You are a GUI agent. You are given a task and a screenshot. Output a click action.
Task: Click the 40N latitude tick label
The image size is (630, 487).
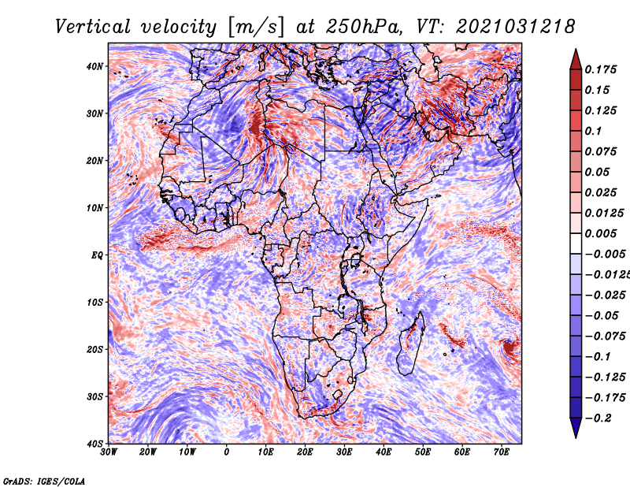pyautogui.click(x=94, y=66)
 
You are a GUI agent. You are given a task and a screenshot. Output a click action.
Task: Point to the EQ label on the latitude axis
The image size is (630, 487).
pyautogui.click(x=97, y=255)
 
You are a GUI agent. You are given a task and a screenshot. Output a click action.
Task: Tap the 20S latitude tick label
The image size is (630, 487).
pyautogui.click(x=94, y=349)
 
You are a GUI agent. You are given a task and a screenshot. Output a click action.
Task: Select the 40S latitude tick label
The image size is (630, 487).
pyautogui.click(x=94, y=444)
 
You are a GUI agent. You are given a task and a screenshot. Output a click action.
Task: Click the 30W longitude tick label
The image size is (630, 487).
pyautogui.click(x=109, y=452)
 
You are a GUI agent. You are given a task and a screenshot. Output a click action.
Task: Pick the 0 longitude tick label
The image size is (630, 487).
pyautogui.click(x=227, y=452)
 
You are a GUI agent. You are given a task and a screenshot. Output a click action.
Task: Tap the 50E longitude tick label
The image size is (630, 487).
pyautogui.click(x=423, y=452)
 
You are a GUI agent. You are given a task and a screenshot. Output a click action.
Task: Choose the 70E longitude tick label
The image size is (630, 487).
pyautogui.click(x=502, y=452)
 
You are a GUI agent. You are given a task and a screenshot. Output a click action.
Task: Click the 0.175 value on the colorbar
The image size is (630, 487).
pyautogui.click(x=601, y=70)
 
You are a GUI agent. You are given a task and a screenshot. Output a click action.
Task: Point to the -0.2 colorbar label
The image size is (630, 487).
pyautogui.click(x=598, y=418)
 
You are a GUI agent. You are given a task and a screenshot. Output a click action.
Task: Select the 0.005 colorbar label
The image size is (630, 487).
pyautogui.click(x=601, y=233)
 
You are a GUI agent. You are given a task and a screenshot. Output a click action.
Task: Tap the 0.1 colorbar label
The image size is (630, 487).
pyautogui.click(x=594, y=131)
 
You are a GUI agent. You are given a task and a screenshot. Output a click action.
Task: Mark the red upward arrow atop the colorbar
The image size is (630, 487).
pyautogui.click(x=576, y=60)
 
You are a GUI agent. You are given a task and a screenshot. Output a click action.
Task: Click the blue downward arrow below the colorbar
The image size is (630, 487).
pyautogui.click(x=576, y=428)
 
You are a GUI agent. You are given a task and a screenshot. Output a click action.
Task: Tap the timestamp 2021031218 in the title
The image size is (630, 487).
pyautogui.click(x=516, y=27)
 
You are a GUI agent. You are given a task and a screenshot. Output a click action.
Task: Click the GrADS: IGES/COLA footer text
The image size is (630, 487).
pyautogui.click(x=44, y=481)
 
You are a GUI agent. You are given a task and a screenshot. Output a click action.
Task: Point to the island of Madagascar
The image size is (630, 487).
pyautogui.click(x=412, y=343)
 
